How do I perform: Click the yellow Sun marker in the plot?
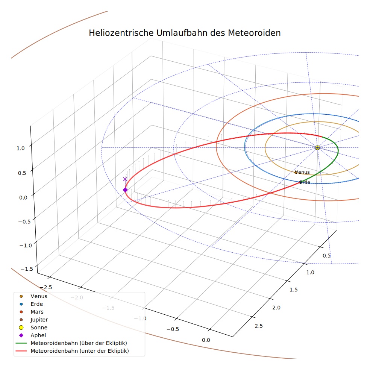click(317, 147)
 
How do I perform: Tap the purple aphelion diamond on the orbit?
click(125, 190)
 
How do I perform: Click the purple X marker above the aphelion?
click(125, 179)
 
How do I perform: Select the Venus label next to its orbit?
click(302, 172)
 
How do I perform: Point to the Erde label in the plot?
click(305, 182)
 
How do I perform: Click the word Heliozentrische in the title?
click(121, 33)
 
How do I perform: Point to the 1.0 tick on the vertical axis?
click(21, 149)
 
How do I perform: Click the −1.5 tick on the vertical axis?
click(27, 269)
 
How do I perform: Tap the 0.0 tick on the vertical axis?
click(23, 198)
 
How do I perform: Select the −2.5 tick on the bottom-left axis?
click(45, 287)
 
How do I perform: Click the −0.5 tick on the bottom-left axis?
click(173, 329)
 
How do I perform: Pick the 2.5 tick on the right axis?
click(259, 326)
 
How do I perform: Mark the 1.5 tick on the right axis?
click(294, 290)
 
